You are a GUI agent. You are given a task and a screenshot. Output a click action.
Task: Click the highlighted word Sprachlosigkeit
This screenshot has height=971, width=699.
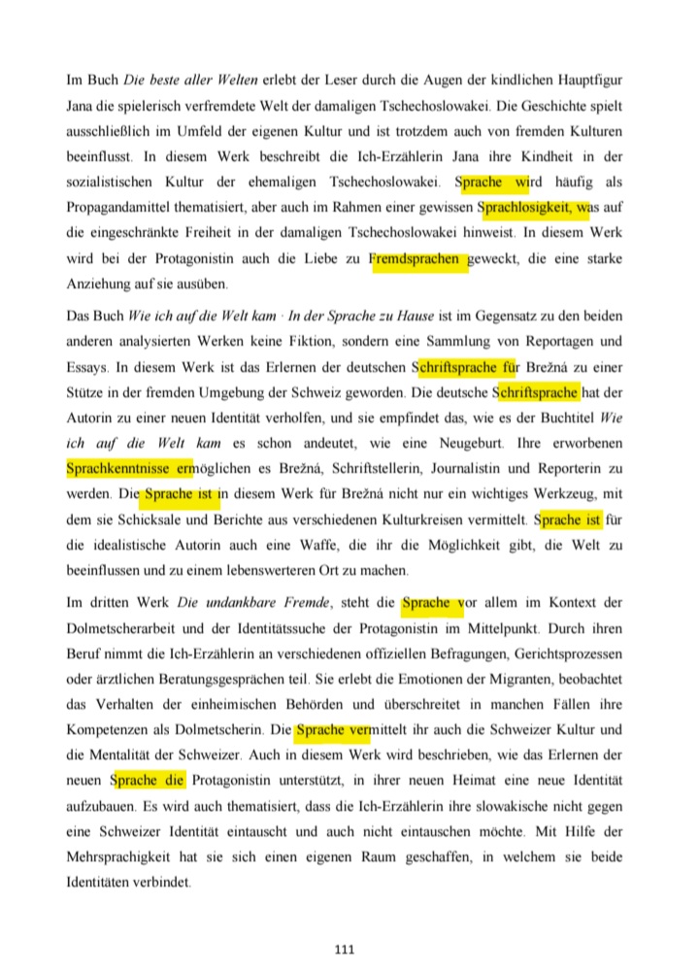pos(530,208)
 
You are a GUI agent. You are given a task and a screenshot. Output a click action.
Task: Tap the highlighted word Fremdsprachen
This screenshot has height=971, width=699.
pos(418,259)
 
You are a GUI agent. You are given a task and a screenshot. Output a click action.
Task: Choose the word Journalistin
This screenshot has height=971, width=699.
pos(455,468)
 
